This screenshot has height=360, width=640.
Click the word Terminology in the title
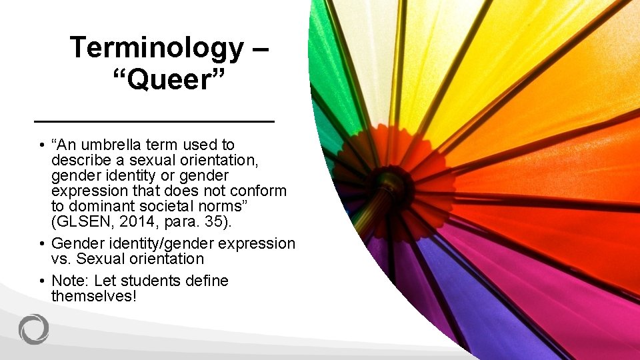coord(157,48)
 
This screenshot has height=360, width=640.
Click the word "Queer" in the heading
coord(169,80)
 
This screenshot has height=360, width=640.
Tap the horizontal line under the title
coord(154,121)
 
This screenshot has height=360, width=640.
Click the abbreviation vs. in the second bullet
coord(63,259)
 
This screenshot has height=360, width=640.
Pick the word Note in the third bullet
coord(69,281)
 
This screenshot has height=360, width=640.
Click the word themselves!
coord(93,296)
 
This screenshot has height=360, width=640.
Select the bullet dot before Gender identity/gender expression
coord(41,244)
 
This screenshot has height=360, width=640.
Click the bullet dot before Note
coord(41,281)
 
